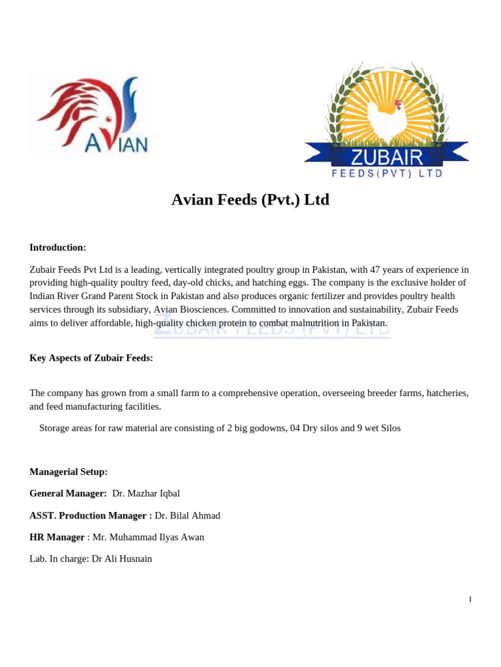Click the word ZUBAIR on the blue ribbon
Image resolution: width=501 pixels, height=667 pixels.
click(x=387, y=157)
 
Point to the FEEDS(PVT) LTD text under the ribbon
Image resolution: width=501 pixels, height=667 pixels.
click(x=387, y=173)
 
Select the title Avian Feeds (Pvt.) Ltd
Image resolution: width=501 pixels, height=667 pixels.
click(x=250, y=200)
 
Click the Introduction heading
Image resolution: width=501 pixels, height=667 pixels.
click(x=57, y=248)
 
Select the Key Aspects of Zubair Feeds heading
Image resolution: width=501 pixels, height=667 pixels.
click(x=91, y=358)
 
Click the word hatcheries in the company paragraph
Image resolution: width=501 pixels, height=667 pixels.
click(x=447, y=393)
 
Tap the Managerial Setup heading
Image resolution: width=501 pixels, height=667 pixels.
click(x=68, y=472)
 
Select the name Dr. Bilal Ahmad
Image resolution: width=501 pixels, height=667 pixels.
click(x=187, y=516)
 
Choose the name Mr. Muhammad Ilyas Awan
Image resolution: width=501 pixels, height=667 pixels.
click(x=148, y=537)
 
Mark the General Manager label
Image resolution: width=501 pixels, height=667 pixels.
click(x=68, y=494)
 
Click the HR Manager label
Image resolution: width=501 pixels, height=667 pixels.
click(x=57, y=537)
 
